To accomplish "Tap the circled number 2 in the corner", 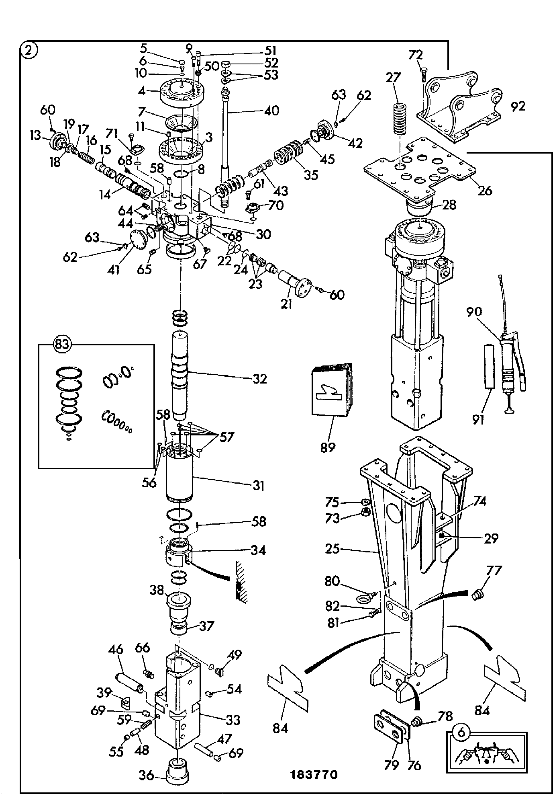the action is [x=29, y=50].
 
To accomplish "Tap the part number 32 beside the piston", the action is [x=259, y=379].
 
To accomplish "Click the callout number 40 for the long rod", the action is [x=271, y=111].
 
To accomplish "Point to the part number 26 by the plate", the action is [x=485, y=191].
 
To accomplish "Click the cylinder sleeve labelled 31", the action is [x=180, y=475].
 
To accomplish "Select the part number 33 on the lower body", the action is [x=233, y=720].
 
